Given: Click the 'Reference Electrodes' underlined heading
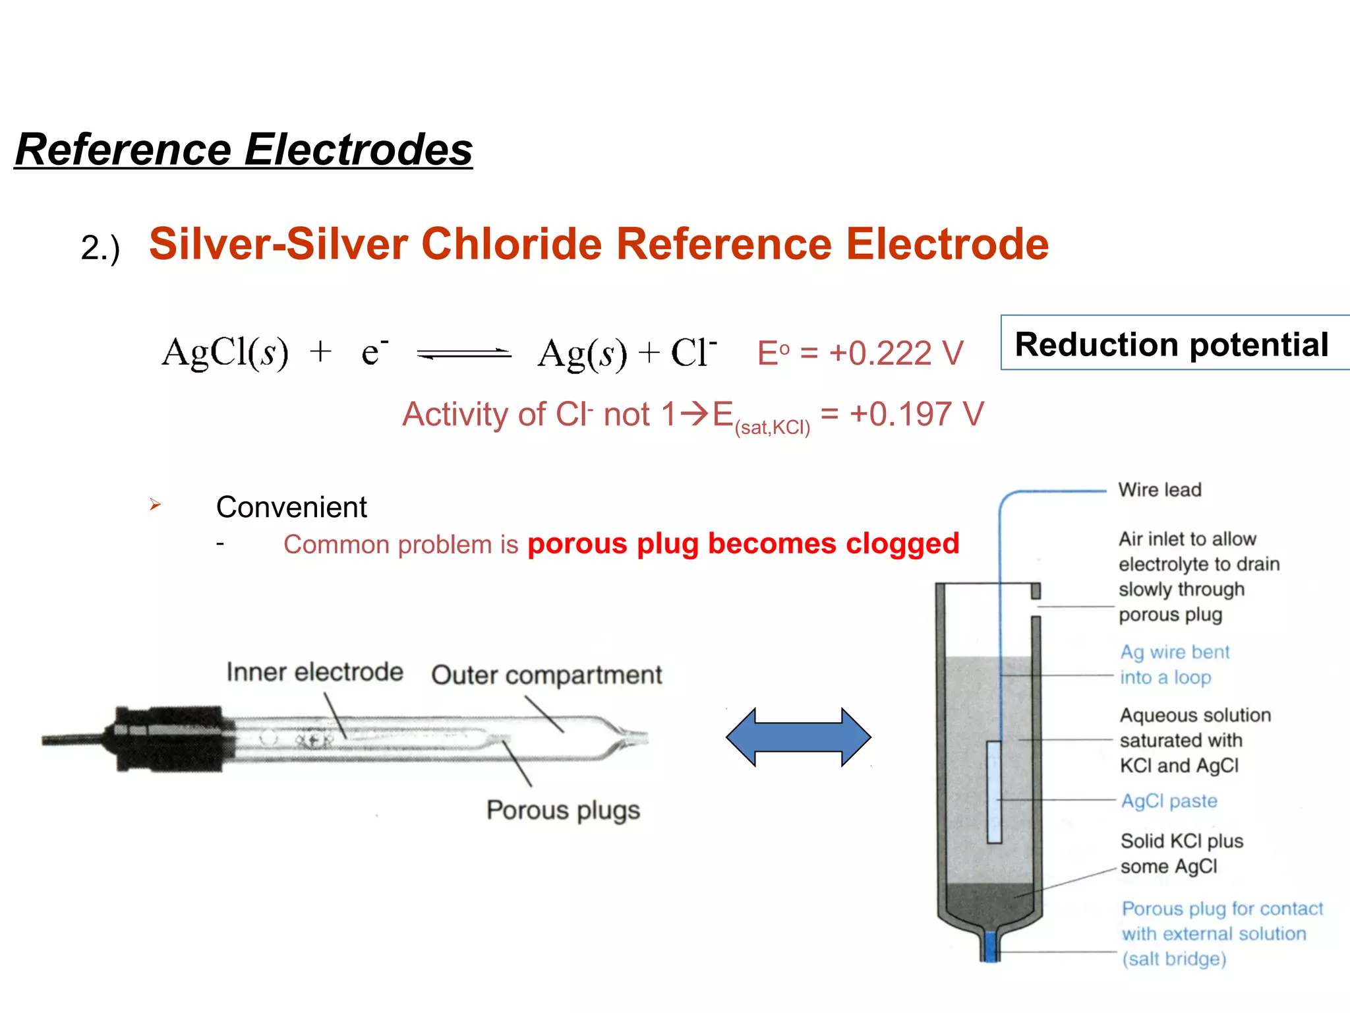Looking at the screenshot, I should [244, 150].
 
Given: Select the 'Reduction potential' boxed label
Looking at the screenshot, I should [1171, 344].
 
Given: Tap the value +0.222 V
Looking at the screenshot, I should [896, 353].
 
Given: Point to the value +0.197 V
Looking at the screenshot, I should [916, 414].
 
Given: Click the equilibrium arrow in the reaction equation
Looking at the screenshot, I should [464, 354].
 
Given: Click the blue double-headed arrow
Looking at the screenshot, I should [798, 737].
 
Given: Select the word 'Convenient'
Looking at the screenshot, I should [291, 507].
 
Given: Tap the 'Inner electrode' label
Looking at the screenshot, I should [314, 672].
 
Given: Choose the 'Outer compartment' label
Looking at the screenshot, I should [546, 675].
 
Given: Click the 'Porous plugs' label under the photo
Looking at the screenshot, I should [563, 810].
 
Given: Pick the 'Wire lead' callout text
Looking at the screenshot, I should [1159, 490].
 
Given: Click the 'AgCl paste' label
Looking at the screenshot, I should [1169, 801].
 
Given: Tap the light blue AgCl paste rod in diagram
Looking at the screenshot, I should [994, 791].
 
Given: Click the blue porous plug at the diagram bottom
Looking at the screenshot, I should [990, 946].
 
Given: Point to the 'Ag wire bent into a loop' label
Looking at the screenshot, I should [1175, 665].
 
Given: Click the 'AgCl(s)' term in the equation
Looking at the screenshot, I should [225, 352].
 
